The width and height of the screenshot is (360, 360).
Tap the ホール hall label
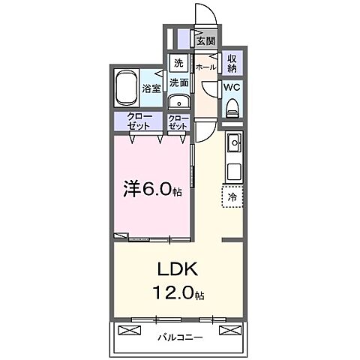(x=205, y=67)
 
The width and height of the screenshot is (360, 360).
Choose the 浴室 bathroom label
(x=151, y=88)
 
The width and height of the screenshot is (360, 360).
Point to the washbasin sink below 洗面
(x=178, y=103)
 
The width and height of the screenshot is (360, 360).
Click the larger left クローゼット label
(x=139, y=121)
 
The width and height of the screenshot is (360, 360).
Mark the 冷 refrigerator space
(x=232, y=196)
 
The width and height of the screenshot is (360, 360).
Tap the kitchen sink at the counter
(x=233, y=141)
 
